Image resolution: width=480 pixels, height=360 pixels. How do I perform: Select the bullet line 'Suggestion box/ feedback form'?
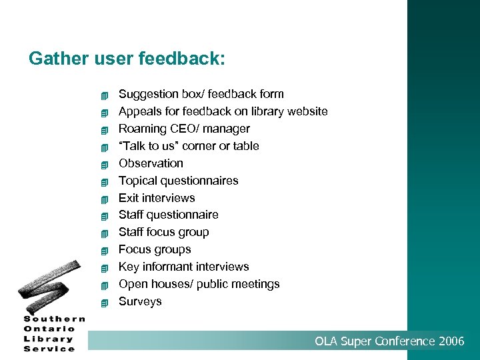[201, 94]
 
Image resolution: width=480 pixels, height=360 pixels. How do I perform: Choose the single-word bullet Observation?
[151, 163]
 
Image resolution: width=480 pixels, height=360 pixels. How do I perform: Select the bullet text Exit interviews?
[157, 198]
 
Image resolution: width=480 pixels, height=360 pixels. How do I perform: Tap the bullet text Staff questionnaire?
[168, 215]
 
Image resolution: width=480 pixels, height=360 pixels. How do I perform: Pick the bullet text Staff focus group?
[163, 232]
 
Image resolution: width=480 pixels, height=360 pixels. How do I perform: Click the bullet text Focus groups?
[155, 249]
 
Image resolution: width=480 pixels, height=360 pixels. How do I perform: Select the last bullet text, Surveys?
[140, 301]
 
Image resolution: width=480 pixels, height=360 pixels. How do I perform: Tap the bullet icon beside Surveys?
[104, 303]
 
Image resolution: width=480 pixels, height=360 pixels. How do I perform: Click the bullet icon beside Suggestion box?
[104, 95]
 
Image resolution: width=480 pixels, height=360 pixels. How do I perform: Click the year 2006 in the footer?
[451, 341]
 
